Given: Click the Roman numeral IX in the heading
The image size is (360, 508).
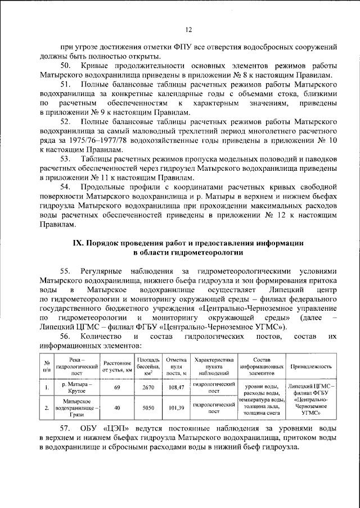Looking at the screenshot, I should coord(79,243).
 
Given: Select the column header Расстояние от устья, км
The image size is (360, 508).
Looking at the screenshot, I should coord(117,366).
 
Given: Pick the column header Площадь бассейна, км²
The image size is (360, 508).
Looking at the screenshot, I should coord(148,366).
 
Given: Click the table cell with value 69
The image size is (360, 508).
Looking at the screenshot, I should coord(117,388).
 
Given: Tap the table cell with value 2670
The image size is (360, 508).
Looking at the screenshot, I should coord(148,388).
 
